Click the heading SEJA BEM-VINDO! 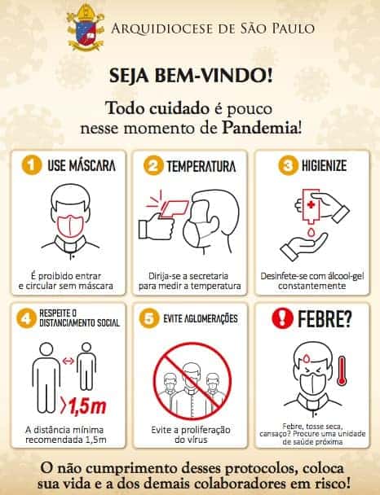tap(191, 77)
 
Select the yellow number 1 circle tap(30, 165)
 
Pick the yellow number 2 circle tap(152, 166)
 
